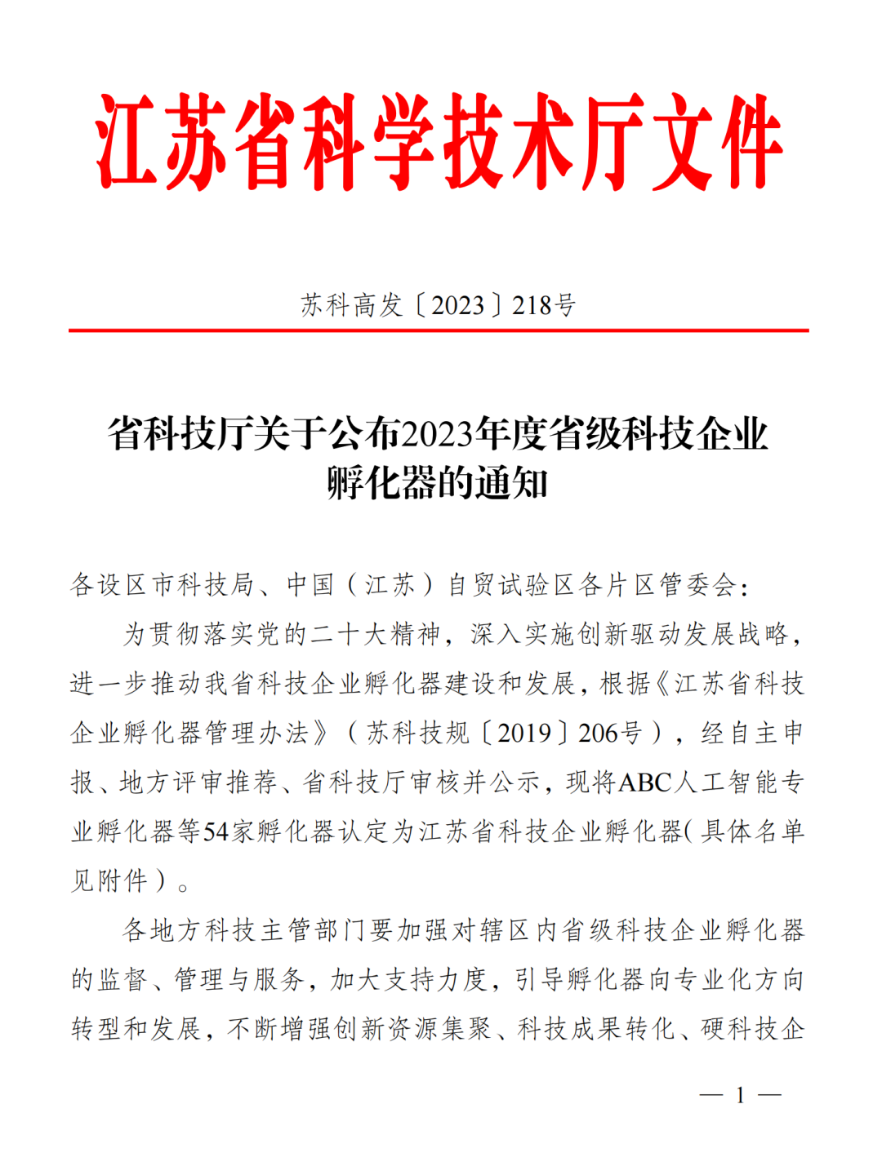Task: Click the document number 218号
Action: (x=544, y=305)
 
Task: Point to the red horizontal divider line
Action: (x=439, y=330)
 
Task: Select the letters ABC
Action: (x=645, y=783)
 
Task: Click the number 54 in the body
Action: (x=216, y=831)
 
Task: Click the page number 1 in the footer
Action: (x=740, y=1095)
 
